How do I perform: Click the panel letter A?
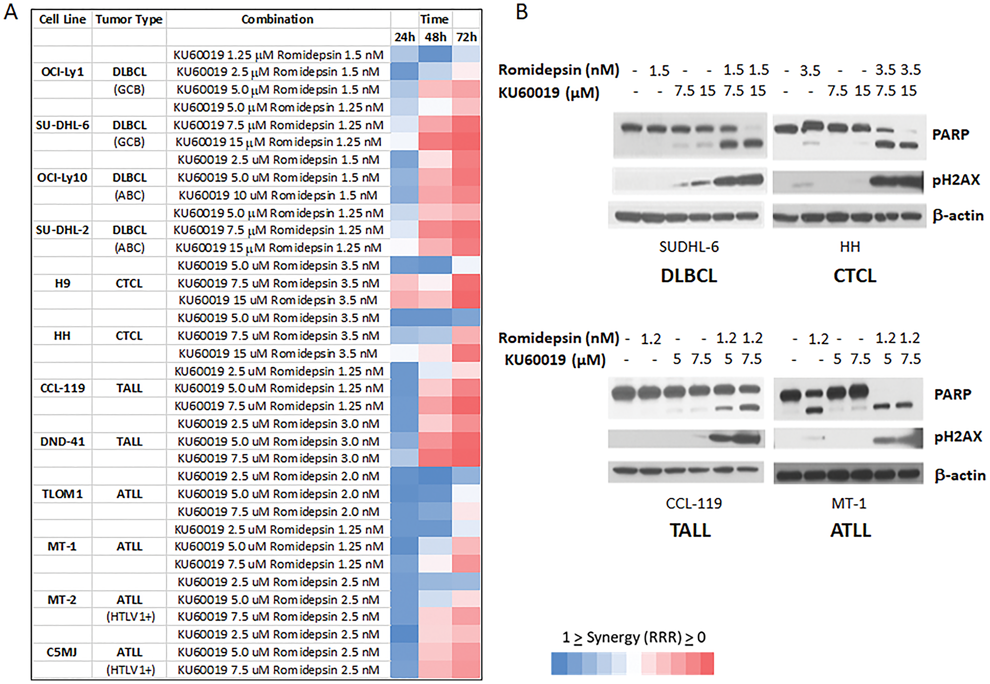coord(11,12)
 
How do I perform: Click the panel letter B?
coord(522,12)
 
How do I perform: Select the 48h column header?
coord(435,37)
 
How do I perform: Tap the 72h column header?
coord(466,37)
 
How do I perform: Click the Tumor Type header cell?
coord(129,19)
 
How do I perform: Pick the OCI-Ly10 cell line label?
coord(62,178)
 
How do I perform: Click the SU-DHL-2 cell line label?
coord(62,230)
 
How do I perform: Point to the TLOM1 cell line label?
coord(62,494)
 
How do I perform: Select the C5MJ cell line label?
coord(62,652)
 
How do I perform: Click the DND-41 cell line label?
coord(62,441)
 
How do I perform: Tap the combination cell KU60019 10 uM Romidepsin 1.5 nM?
coord(278,195)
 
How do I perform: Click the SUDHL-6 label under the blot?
coord(689,247)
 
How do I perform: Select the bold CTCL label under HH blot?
coord(854,276)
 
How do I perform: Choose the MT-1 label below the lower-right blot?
coord(848,504)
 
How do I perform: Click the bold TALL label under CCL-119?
coord(690,531)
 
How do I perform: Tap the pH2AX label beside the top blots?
coord(956,180)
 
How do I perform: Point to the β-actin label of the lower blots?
coord(959,476)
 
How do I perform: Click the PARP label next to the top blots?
coord(950,135)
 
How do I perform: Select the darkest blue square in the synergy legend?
coord(559,664)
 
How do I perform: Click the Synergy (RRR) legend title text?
coord(634,637)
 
